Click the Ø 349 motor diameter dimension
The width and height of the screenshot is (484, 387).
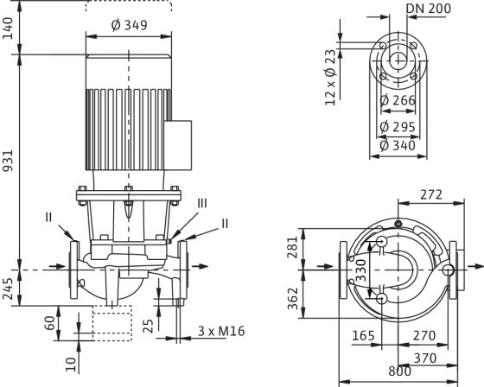[x=129, y=25]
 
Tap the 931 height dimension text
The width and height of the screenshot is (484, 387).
[x=9, y=161]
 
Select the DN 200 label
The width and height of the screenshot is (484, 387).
[x=429, y=9]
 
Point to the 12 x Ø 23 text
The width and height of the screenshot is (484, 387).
[x=330, y=78]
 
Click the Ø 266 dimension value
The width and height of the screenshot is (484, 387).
[x=398, y=100]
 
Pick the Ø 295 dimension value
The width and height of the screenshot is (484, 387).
[x=398, y=127]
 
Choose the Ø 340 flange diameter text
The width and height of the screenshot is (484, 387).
[x=398, y=146]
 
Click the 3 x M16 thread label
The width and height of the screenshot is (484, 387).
[x=221, y=331]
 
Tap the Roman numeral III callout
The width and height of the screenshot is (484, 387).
[x=202, y=203]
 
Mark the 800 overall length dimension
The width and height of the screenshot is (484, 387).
[x=399, y=371]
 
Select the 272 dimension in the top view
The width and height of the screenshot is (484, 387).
[x=431, y=194]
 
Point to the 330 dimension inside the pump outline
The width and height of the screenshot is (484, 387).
[x=361, y=270]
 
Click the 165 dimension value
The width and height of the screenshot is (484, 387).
[x=363, y=335]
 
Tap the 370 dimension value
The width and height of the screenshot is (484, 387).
[x=425, y=358]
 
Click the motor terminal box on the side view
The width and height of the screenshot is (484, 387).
[x=178, y=145]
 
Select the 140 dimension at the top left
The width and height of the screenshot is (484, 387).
[x=9, y=29]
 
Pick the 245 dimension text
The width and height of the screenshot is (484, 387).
[x=9, y=289]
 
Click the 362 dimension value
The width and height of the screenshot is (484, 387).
[x=293, y=298]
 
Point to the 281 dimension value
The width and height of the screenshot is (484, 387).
[x=293, y=248]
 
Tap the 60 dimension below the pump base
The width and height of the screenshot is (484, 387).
[x=51, y=323]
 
